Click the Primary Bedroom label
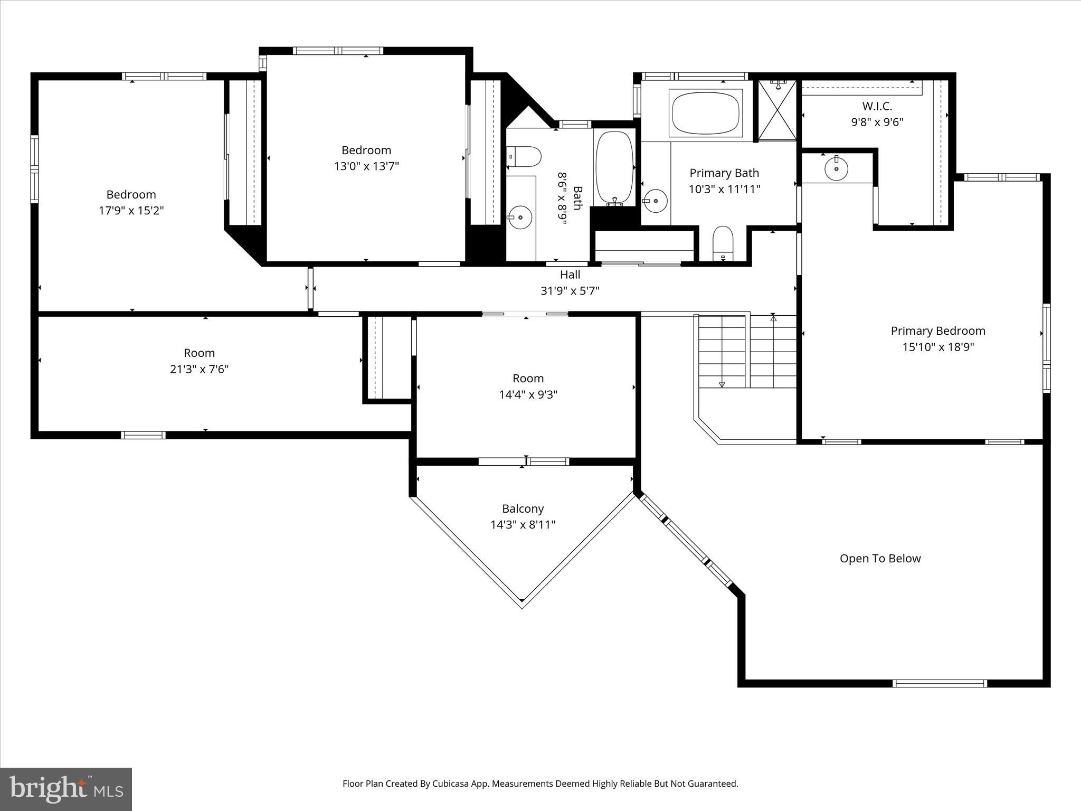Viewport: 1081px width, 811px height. (x=938, y=331)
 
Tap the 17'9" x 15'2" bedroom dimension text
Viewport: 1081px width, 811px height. (x=131, y=211)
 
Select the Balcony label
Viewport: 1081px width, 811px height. (x=523, y=508)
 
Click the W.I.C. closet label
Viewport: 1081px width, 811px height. (x=877, y=106)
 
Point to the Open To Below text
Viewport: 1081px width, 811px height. (x=880, y=559)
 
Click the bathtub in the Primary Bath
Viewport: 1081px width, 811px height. (x=706, y=112)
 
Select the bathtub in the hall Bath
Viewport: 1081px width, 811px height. (x=614, y=168)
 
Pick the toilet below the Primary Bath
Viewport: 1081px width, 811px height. (x=723, y=244)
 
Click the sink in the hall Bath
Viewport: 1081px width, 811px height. (x=519, y=217)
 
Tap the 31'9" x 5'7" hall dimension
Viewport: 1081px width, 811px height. (x=570, y=290)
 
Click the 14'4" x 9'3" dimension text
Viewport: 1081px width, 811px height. (x=528, y=394)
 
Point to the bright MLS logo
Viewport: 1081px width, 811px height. (x=66, y=789)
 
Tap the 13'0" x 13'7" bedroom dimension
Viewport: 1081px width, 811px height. (x=366, y=166)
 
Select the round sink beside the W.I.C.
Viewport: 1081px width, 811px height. (x=836, y=168)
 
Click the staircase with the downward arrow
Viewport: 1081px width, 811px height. (x=722, y=351)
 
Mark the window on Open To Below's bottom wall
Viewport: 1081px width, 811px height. (x=939, y=683)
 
